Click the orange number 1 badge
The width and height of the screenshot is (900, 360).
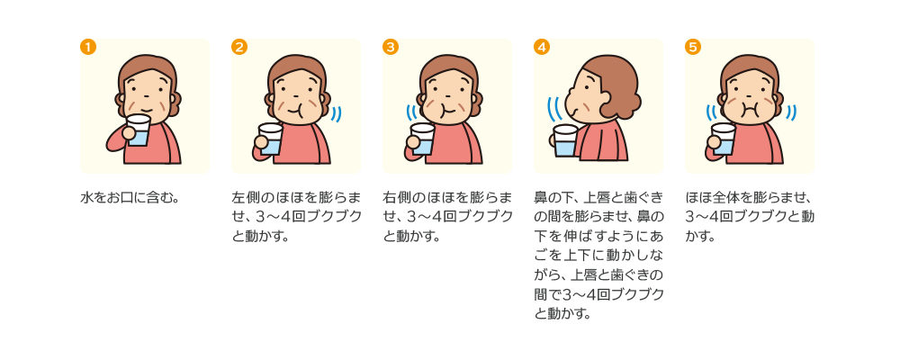(x=88, y=47)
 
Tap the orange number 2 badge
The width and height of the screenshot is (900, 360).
(x=239, y=47)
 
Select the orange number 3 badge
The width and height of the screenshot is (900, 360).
(x=391, y=47)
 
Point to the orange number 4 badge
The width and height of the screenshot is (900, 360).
(x=542, y=47)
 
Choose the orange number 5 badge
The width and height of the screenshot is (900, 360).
(x=693, y=47)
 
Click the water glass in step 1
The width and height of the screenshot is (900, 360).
(x=138, y=130)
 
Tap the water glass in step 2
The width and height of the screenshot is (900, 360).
(x=270, y=139)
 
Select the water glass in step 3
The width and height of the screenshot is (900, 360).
(x=422, y=139)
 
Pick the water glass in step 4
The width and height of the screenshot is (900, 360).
(x=566, y=141)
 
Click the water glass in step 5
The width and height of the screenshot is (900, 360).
(x=724, y=139)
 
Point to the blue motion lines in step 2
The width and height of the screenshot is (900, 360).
(x=336, y=113)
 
